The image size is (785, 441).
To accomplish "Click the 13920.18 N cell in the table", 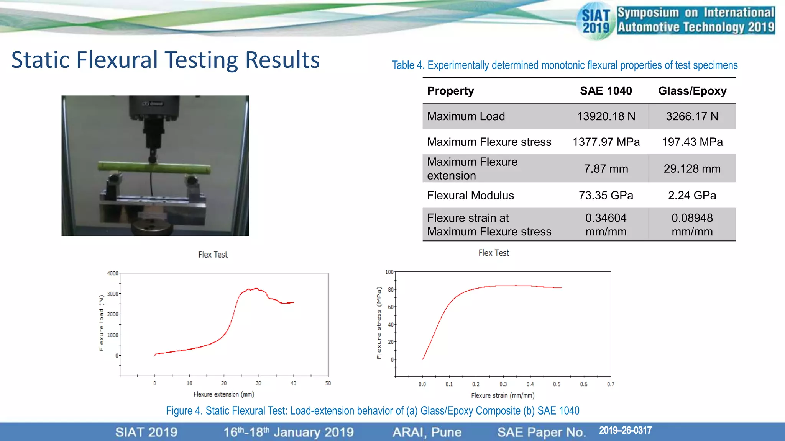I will tap(606, 116).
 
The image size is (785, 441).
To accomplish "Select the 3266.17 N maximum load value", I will tap(692, 116).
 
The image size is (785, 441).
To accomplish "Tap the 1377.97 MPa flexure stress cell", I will tap(606, 142).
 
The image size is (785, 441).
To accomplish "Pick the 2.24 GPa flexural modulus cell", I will tap(692, 196).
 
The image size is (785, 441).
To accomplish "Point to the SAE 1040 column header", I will tap(606, 91).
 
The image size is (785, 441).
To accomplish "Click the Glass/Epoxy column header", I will tap(692, 91).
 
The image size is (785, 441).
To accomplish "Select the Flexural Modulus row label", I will tap(470, 196).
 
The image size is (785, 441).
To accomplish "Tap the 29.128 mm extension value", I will tap(692, 169).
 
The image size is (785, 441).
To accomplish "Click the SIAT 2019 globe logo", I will tap(596, 21).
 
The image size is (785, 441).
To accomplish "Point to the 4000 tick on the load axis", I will tap(113, 273).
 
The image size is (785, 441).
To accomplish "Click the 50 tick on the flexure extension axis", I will tap(328, 383).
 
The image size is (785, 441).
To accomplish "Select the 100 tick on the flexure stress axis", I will tap(389, 272).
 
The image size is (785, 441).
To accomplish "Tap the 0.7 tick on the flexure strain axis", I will tap(611, 384).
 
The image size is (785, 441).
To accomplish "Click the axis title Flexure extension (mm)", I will tap(224, 394).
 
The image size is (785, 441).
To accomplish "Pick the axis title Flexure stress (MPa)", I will tap(379, 323).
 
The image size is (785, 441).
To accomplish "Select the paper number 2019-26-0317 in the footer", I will tap(625, 431).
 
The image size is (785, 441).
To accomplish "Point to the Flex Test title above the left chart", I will tap(213, 255).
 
